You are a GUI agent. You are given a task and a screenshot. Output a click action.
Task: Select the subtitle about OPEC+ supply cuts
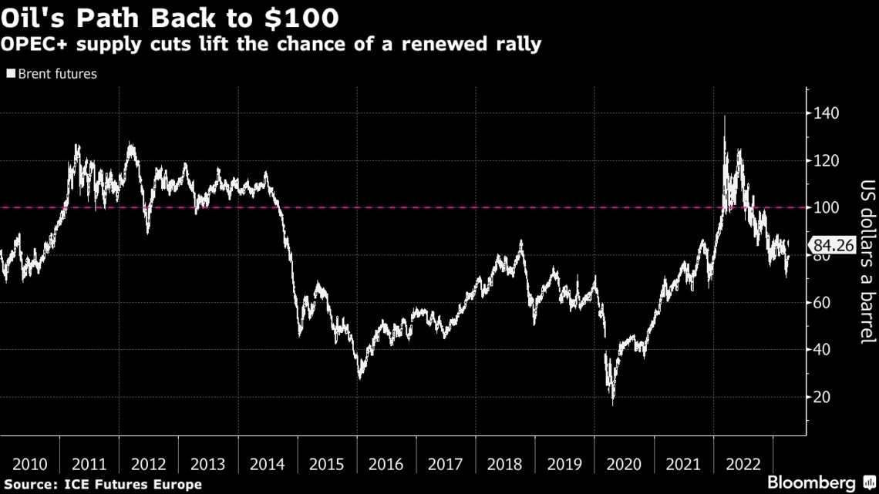tap(271, 44)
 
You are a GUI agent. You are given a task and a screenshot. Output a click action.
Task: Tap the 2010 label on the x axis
tap(30, 465)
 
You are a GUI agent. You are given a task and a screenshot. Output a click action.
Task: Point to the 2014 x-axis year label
tap(268, 465)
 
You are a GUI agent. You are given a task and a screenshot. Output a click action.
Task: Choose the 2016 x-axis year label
tap(386, 465)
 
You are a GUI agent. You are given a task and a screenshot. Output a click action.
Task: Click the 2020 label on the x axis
tap(624, 465)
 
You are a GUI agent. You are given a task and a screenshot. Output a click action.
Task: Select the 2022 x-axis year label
tap(743, 465)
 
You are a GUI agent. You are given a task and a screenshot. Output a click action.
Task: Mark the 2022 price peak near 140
tap(724, 116)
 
